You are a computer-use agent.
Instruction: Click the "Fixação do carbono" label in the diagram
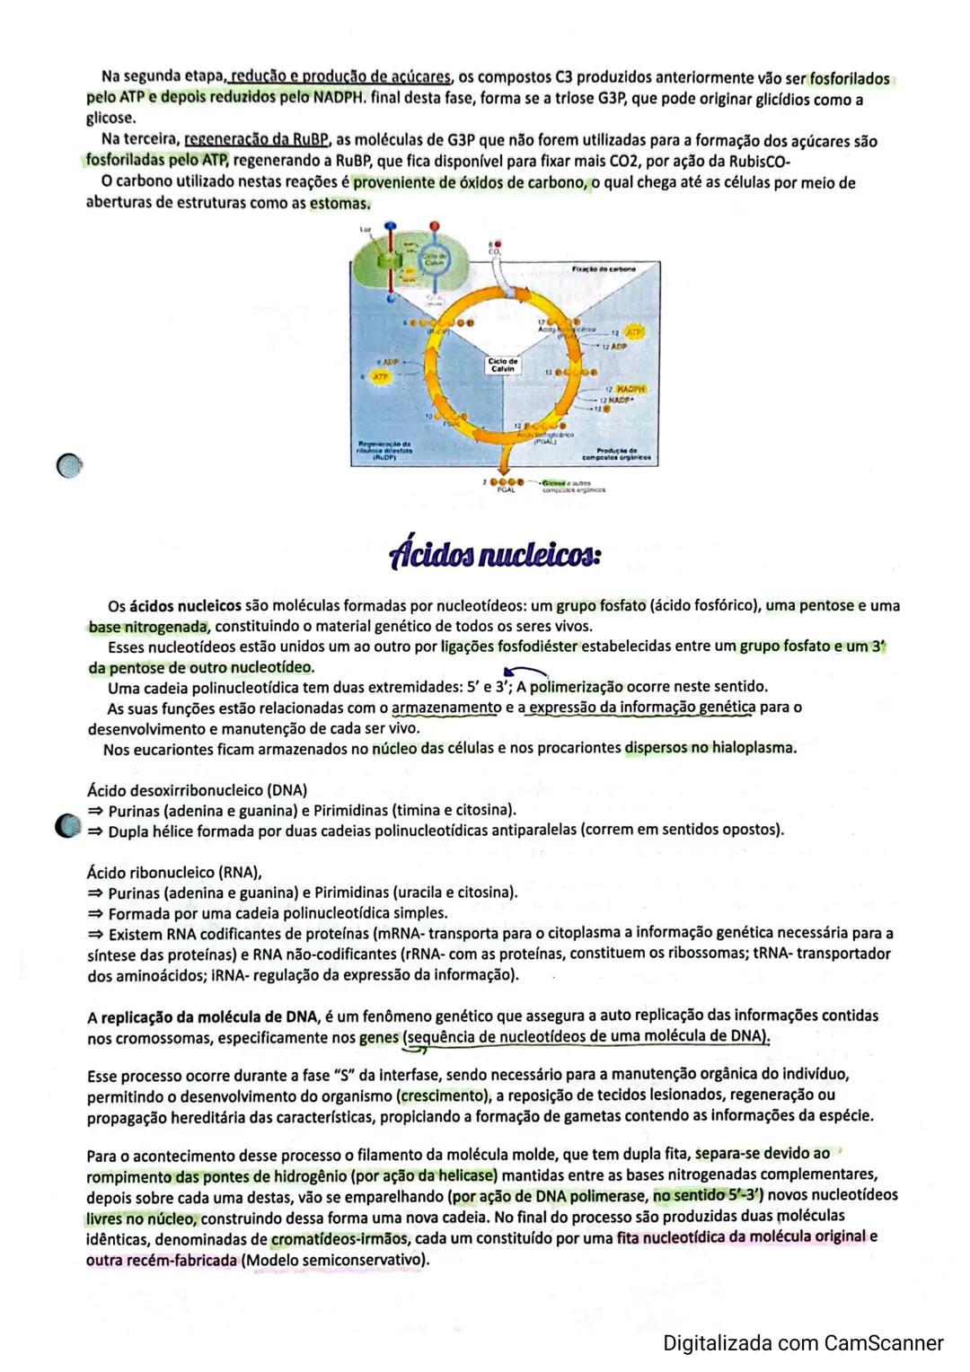(x=603, y=268)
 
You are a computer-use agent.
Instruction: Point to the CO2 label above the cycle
(x=494, y=251)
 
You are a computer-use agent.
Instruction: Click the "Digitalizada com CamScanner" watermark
(x=803, y=1343)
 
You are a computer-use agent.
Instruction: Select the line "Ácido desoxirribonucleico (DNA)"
(x=197, y=790)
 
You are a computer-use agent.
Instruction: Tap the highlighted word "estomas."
(x=339, y=204)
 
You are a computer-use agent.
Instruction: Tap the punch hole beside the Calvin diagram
(x=67, y=465)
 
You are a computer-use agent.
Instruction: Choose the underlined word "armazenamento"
(x=446, y=708)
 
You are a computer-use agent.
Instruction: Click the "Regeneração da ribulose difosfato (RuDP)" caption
(x=384, y=450)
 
